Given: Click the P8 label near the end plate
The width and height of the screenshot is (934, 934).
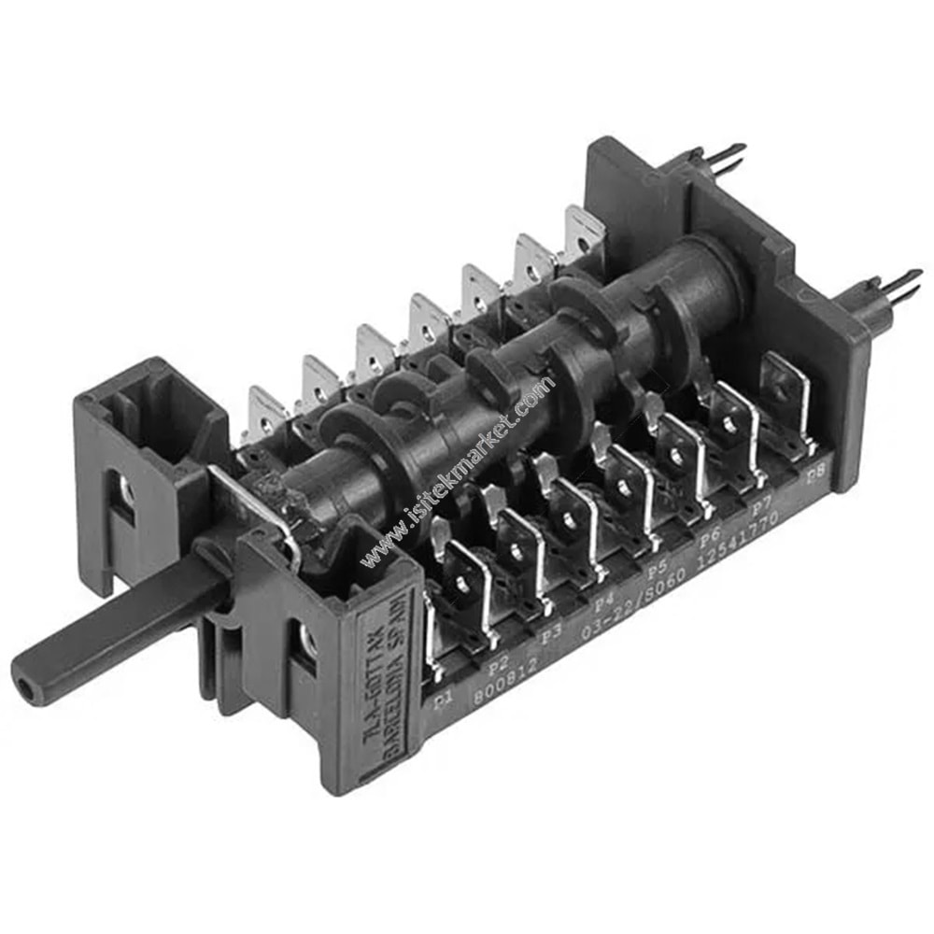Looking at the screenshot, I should pos(815,474).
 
